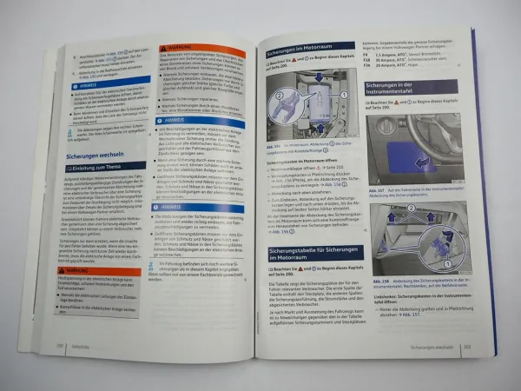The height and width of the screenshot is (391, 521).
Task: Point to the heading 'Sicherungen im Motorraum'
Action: [309, 52]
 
